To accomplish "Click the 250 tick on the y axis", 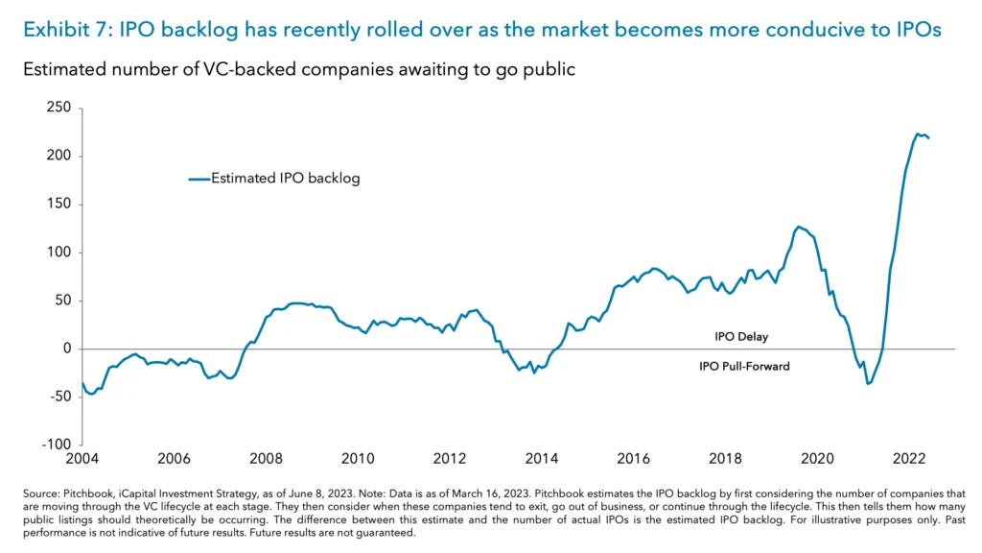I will [59, 108].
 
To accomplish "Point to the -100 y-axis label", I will [57, 445].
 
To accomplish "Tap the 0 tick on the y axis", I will [67, 349].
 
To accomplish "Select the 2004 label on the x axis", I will [82, 458].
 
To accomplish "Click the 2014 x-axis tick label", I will [541, 458].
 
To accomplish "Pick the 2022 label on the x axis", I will [908, 458].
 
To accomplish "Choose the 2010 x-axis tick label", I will [358, 458].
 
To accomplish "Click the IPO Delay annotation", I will [741, 337].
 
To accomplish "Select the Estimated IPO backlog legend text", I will [285, 178].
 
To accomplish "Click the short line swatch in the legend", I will [199, 179].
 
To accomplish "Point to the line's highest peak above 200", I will [918, 133].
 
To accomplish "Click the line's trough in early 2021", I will [868, 384].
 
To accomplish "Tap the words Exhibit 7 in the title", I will [62, 30].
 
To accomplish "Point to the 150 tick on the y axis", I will [59, 204].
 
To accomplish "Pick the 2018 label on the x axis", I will [725, 458].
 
